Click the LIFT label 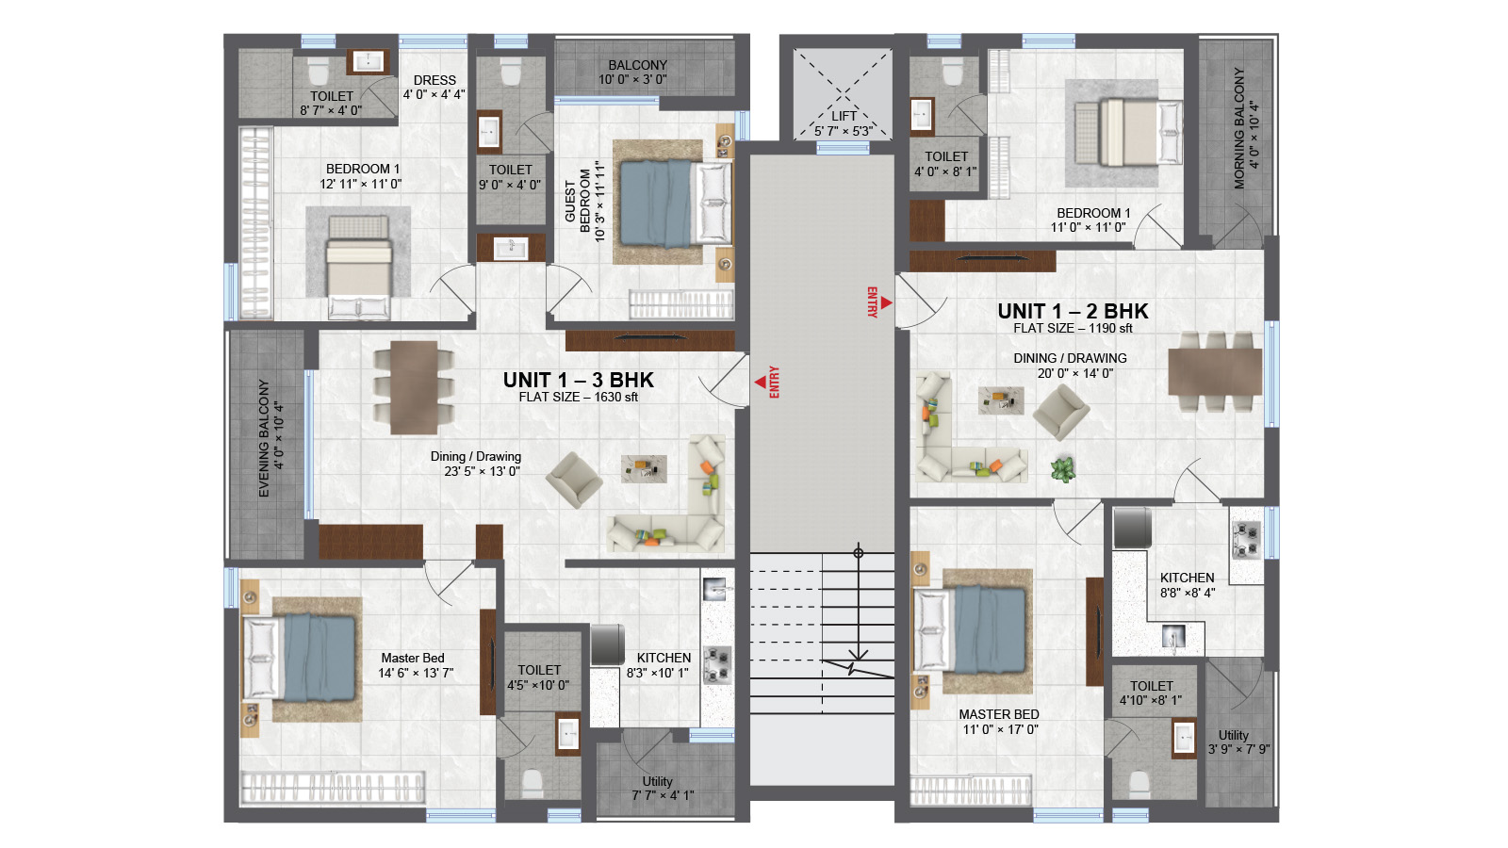click(844, 117)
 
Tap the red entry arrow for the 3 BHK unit click(760, 383)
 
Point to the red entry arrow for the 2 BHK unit click(887, 302)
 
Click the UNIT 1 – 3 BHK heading click(579, 381)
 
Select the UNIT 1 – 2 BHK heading click(1073, 311)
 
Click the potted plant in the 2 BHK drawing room click(1062, 469)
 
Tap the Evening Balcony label click(270, 439)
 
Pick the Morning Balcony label click(1245, 128)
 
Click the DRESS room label click(434, 80)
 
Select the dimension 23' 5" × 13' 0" click(482, 471)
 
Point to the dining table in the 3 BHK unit click(414, 387)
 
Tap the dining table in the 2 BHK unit click(1215, 371)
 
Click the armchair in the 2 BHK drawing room click(1061, 412)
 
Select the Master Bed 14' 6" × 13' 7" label click(416, 665)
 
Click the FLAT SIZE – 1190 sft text click(1074, 329)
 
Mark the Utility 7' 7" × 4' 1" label click(663, 788)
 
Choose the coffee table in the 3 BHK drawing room click(645, 469)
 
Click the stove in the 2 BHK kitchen click(1245, 541)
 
